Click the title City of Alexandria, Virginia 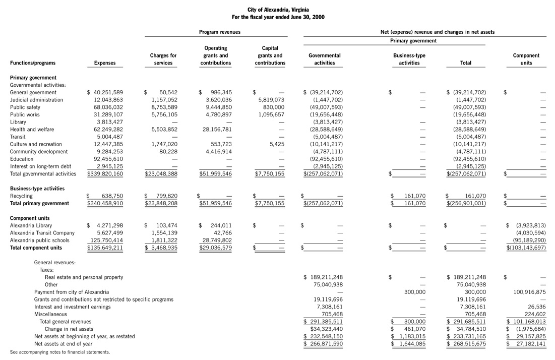(x=278, y=10)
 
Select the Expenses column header (x=105, y=63)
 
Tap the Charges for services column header (x=163, y=59)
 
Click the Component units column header (x=526, y=59)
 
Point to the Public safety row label (x=23, y=107)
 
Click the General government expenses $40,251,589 (x=105, y=92)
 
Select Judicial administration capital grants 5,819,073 (x=272, y=100)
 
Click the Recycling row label (x=21, y=196)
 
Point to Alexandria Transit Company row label (x=42, y=233)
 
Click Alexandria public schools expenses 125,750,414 (x=105, y=240)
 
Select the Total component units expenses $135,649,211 (x=105, y=248)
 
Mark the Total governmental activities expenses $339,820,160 (x=105, y=174)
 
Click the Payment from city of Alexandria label (x=71, y=292)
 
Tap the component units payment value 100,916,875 (x=528, y=292)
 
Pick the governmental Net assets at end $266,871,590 (x=323, y=343)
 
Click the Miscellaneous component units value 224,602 (x=534, y=314)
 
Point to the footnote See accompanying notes (x=59, y=352)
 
